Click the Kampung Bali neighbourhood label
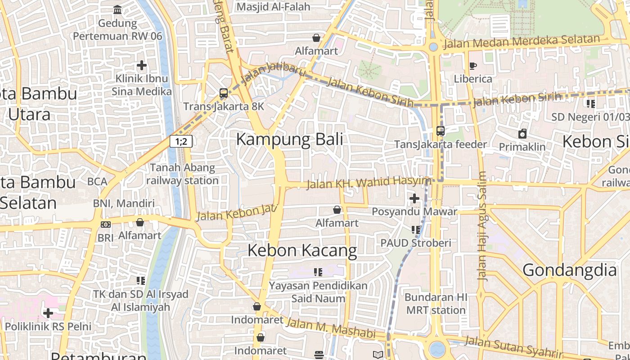tap(289, 139)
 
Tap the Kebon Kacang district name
tap(302, 250)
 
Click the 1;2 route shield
tap(181, 141)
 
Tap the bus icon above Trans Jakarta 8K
tap(223, 93)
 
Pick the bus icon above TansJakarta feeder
tap(440, 131)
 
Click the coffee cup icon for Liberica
tap(472, 66)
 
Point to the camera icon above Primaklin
tap(522, 134)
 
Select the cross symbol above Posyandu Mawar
tap(414, 198)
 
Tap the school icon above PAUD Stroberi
tap(415, 230)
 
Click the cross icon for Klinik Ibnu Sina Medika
tap(142, 65)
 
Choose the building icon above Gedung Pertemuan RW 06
tap(117, 10)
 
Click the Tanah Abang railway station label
tap(182, 174)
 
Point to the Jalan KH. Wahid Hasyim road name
tap(369, 182)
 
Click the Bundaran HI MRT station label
tap(436, 304)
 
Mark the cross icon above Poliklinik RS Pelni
tap(48, 313)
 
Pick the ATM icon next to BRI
tap(106, 224)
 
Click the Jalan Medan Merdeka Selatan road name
tap(522, 42)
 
